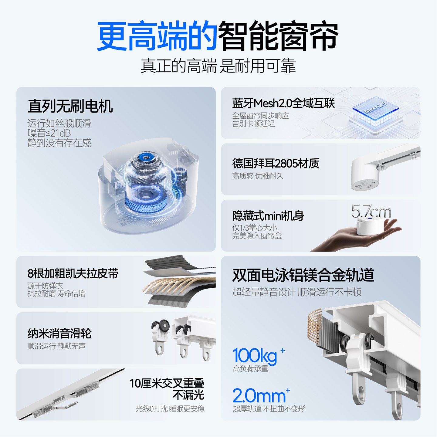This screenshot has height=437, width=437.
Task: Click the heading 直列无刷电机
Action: point(70,106)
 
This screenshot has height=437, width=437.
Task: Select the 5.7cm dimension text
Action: point(371,211)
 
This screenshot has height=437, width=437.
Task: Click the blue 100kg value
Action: point(255,356)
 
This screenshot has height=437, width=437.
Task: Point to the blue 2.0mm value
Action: point(259,396)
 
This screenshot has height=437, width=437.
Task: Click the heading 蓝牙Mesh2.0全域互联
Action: point(283,103)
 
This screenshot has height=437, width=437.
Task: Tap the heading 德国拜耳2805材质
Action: point(276,163)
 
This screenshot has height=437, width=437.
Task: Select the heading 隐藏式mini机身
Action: point(268,216)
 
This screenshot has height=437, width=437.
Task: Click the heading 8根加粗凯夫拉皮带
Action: point(73,273)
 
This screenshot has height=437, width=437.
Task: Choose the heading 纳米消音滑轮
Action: point(59,333)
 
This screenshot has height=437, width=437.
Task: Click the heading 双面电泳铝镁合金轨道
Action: point(303,275)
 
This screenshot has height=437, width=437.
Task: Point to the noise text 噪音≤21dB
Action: point(49,133)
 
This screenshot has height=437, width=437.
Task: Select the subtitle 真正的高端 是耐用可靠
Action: point(218,66)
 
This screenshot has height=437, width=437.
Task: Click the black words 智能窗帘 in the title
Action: point(278,36)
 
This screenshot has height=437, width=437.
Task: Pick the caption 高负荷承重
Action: point(251,369)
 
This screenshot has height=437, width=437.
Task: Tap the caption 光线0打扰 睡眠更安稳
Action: point(170,409)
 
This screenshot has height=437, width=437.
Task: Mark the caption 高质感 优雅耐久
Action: point(258,176)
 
